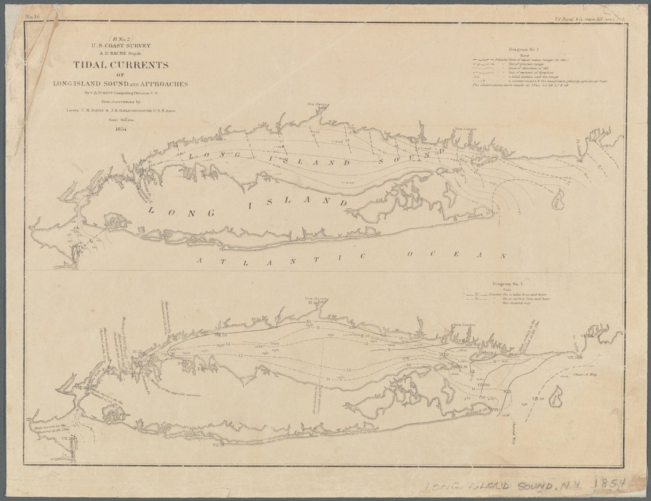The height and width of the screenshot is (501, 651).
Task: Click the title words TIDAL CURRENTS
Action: point(121,65)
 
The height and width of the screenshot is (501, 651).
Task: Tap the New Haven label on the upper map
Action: point(316,105)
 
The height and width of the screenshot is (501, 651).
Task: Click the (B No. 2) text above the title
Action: point(119,39)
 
